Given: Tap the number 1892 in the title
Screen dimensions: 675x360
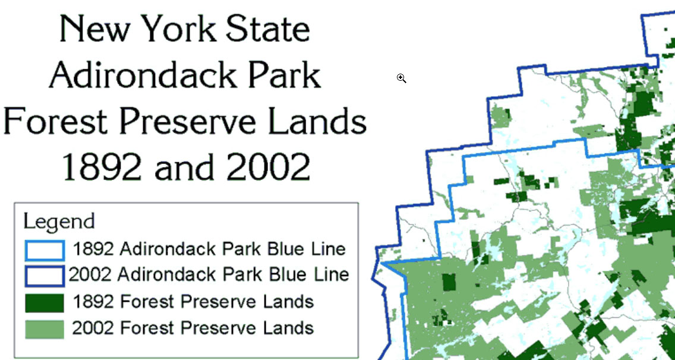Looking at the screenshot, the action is click(x=102, y=167).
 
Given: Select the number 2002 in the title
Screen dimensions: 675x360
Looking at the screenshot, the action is click(x=268, y=167).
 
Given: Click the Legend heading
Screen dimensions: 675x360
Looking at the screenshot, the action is click(x=59, y=222).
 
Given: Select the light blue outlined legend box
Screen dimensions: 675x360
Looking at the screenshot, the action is click(x=45, y=251).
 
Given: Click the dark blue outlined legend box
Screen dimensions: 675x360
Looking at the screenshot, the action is click(x=45, y=276).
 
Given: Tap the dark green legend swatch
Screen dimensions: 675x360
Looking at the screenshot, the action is click(x=45, y=303).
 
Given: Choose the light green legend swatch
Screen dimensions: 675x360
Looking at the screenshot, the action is click(x=45, y=329).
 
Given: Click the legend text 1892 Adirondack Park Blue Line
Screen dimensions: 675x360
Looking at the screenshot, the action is click(x=209, y=249).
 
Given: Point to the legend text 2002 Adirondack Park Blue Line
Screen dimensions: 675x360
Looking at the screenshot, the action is click(x=209, y=274).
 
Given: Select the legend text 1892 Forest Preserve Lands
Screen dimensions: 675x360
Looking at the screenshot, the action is click(x=193, y=301).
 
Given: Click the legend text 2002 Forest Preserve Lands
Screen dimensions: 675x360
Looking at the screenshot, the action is click(x=193, y=328).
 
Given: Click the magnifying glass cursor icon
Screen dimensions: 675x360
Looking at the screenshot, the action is click(x=401, y=78).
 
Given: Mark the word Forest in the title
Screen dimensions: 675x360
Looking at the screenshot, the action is click(x=55, y=121).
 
